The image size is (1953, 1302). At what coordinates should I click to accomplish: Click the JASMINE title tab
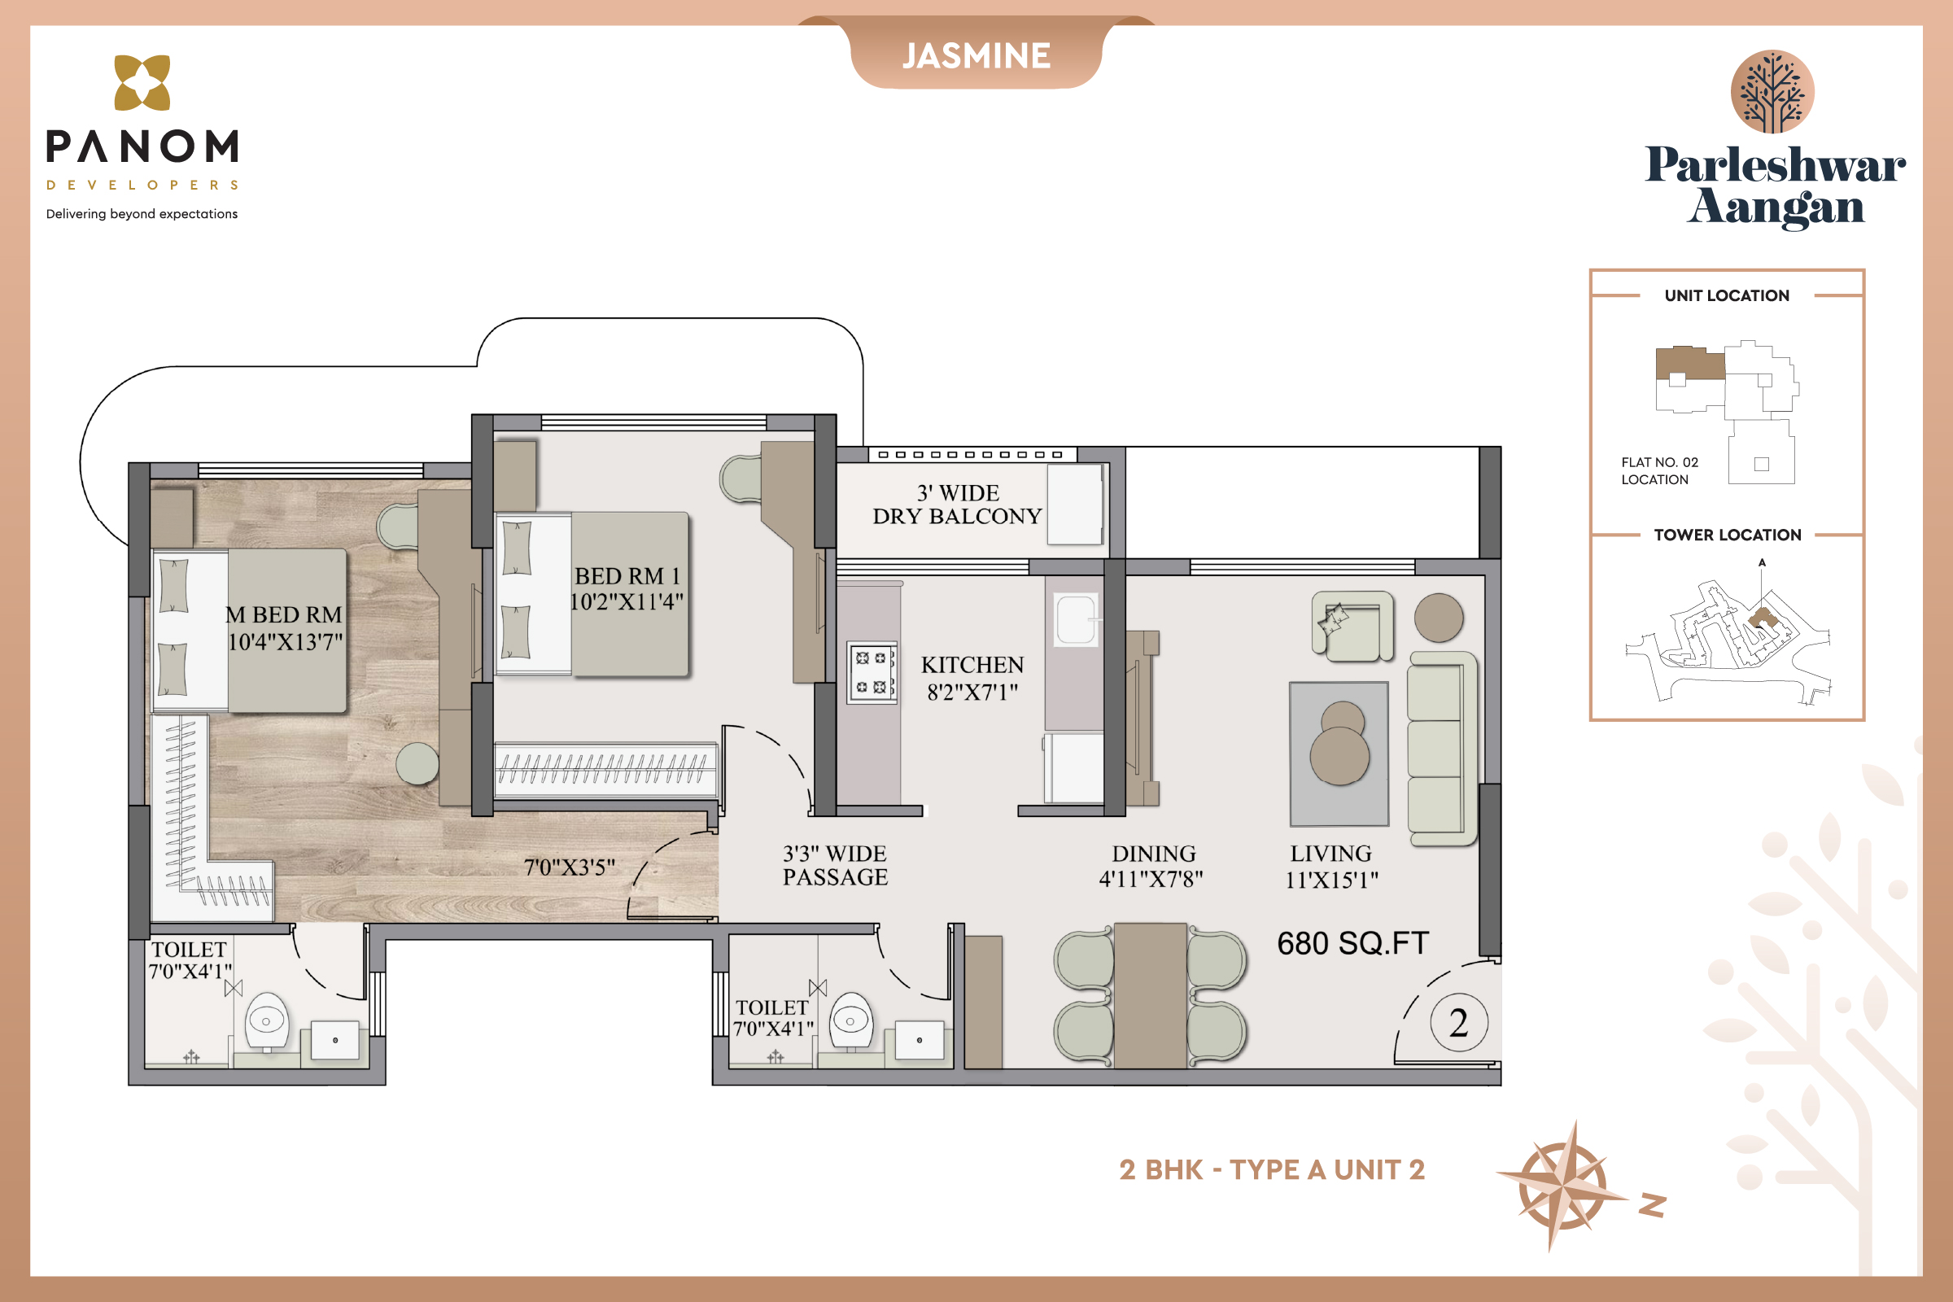[976, 55]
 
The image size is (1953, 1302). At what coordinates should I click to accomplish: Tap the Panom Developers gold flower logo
[142, 82]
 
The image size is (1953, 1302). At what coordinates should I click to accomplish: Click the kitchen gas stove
[872, 673]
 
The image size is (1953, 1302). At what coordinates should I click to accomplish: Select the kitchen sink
[1075, 619]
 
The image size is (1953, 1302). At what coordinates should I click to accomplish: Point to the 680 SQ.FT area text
[1352, 943]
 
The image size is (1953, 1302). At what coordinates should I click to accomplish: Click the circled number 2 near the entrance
[1459, 1022]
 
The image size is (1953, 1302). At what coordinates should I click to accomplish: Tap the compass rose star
[1562, 1185]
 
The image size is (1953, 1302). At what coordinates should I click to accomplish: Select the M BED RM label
[284, 614]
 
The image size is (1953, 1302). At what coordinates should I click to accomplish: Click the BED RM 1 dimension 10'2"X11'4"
[627, 601]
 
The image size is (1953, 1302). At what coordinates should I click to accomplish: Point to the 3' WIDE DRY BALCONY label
[957, 504]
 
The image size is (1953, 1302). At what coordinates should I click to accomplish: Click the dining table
[1150, 994]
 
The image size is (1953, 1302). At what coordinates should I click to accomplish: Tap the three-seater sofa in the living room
[1444, 748]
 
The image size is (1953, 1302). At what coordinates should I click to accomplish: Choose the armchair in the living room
[1352, 626]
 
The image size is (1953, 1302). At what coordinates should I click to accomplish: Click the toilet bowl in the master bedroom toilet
[267, 1021]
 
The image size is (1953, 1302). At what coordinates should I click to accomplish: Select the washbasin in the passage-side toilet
[919, 1040]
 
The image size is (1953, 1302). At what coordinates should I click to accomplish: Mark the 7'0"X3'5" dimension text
[570, 867]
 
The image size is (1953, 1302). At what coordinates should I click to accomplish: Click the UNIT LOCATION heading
[1727, 295]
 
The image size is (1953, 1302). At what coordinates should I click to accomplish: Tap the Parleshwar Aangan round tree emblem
[1772, 91]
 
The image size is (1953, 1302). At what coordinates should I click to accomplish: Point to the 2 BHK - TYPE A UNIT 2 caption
[1272, 1170]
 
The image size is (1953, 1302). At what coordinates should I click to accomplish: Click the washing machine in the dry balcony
[1074, 504]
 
